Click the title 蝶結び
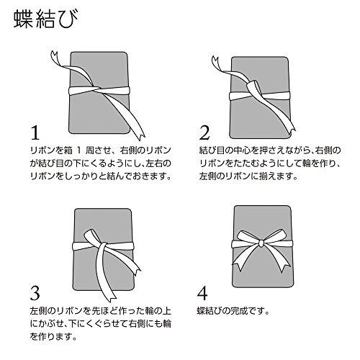click(46, 19)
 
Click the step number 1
click(35, 132)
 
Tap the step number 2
click(204, 132)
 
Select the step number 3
click(35, 293)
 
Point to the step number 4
click(202, 293)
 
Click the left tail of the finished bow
click(245, 258)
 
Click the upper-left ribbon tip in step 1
click(54, 55)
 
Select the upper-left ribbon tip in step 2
click(215, 60)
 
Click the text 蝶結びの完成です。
click(233, 311)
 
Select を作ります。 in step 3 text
click(53, 337)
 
